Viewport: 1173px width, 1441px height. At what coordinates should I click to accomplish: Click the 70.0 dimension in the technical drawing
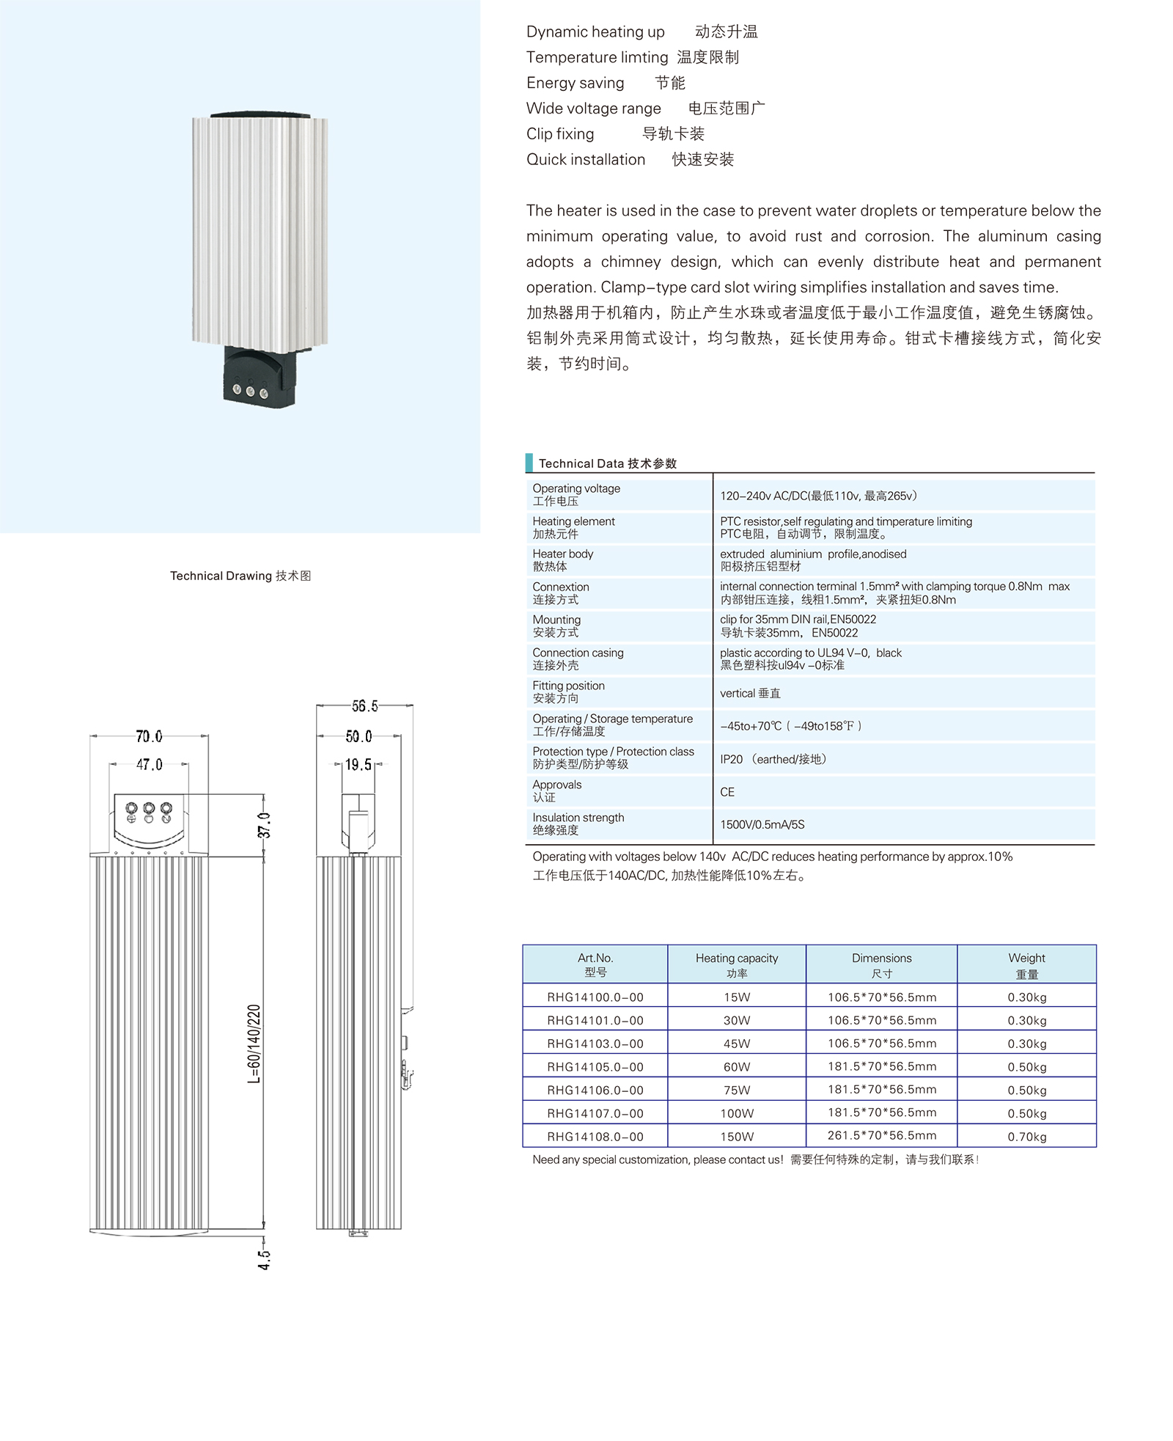(149, 736)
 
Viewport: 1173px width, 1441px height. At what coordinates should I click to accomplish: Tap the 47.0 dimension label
(149, 764)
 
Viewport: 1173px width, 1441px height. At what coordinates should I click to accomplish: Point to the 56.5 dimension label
(364, 705)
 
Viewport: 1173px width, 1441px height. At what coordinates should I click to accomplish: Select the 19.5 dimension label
(358, 764)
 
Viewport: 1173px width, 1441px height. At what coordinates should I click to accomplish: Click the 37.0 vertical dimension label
(264, 825)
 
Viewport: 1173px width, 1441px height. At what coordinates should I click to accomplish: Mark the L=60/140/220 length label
(254, 1043)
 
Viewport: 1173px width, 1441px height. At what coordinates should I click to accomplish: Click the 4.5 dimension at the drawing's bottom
(264, 1259)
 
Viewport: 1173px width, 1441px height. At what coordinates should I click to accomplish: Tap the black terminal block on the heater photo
(259, 378)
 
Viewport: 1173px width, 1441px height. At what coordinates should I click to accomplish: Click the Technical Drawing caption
(240, 576)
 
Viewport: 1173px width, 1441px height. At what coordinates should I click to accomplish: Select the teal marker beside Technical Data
(529, 463)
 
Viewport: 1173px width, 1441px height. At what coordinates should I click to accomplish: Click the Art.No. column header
(595, 964)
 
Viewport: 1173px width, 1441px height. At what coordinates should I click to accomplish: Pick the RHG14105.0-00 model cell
(595, 1066)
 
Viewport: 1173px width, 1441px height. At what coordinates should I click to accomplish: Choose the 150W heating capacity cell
(736, 1136)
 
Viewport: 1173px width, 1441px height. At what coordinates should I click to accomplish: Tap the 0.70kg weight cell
(1026, 1136)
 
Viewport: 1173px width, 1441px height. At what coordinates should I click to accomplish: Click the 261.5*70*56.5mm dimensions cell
(881, 1135)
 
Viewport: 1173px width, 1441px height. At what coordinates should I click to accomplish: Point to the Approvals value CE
(727, 792)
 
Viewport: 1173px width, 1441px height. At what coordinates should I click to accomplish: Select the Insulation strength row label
(578, 824)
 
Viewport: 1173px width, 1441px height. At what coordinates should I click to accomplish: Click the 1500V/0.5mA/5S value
(762, 824)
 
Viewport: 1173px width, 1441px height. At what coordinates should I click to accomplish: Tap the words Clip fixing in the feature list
(560, 133)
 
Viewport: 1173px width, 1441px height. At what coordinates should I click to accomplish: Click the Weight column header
(1026, 965)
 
